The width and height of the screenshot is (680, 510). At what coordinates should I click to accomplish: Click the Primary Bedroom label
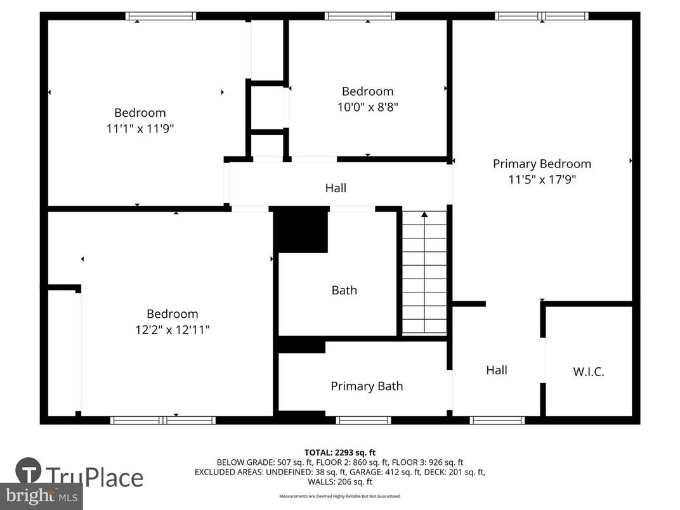(x=542, y=164)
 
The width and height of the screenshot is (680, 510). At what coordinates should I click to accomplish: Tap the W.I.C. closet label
(x=589, y=372)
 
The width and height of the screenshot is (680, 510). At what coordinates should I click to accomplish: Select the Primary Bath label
(x=367, y=386)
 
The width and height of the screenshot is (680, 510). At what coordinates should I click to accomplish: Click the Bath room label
(x=344, y=291)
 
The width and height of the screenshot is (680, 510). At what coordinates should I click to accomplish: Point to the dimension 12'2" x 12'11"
(x=173, y=330)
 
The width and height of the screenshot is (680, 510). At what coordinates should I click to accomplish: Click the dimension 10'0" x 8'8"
(x=367, y=107)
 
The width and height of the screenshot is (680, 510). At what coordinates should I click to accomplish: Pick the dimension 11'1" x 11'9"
(x=140, y=129)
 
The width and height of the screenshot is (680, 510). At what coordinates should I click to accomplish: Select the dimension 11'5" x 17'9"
(x=542, y=180)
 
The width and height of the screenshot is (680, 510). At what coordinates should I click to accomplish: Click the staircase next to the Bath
(x=424, y=279)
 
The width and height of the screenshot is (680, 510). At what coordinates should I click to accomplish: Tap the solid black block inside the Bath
(x=302, y=231)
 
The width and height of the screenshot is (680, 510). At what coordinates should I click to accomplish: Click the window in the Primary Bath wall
(x=363, y=420)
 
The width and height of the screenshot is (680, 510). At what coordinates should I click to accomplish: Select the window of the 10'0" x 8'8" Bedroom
(x=360, y=16)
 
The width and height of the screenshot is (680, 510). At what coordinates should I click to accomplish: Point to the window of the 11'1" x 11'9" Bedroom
(x=160, y=16)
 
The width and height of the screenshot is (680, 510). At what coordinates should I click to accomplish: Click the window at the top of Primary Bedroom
(x=542, y=16)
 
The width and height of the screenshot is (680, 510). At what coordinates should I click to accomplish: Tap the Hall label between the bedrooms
(x=336, y=188)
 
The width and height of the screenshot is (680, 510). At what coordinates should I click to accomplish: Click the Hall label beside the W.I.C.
(x=497, y=370)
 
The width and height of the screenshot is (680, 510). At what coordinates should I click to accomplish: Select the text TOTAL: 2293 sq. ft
(x=339, y=452)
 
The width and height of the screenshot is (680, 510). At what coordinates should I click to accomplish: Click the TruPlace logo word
(x=95, y=477)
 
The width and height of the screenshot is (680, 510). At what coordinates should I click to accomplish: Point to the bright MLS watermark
(x=41, y=495)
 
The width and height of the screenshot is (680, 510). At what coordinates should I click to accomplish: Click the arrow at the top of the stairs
(x=424, y=214)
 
